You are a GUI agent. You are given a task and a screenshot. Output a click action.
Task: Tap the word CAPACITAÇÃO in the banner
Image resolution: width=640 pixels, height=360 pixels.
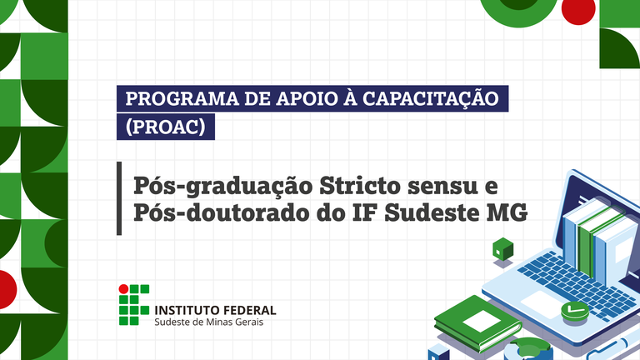(431, 98)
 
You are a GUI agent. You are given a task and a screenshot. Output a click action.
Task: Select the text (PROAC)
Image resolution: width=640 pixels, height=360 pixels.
(165, 127)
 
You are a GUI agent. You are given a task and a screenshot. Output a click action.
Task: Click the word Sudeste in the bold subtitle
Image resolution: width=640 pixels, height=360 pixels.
(430, 212)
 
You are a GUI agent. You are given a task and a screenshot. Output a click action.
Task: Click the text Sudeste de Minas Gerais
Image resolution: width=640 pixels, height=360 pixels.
(208, 322)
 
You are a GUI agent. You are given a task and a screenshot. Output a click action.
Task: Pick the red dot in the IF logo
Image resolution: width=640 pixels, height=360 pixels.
(123, 289)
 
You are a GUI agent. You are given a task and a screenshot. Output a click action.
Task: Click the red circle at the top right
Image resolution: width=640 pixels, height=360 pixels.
(578, 10)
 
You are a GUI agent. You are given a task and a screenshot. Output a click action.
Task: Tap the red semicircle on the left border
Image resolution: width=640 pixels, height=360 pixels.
(7, 289)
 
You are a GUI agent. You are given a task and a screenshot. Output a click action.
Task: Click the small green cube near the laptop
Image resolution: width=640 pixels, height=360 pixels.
(502, 248)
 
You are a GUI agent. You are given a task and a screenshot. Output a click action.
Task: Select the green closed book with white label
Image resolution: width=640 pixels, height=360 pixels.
(478, 322)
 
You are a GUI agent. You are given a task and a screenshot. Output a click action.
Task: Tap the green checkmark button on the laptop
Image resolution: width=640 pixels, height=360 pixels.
(575, 310)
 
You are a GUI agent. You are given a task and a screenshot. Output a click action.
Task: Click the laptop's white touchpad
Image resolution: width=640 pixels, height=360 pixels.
(542, 303)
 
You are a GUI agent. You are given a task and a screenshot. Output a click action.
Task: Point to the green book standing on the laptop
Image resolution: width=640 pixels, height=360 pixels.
(592, 241)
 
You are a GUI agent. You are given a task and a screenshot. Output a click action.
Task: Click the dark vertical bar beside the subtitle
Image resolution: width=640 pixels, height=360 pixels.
(119, 198)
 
